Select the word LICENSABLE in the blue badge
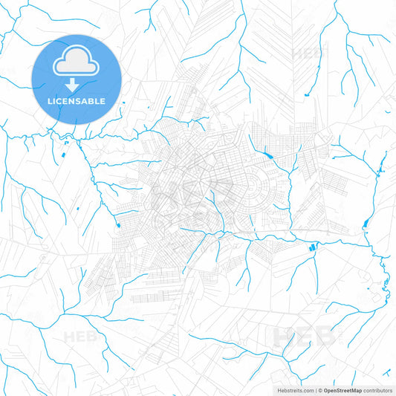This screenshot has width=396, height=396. click(x=77, y=100)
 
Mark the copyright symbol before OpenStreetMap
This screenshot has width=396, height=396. click(x=319, y=389)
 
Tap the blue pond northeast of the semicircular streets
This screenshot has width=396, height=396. click(x=265, y=156)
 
